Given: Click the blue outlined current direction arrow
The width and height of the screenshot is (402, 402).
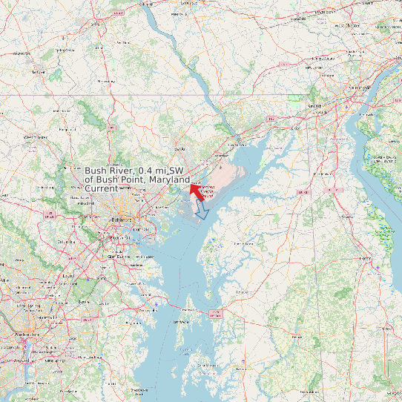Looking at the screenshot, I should click(201, 212).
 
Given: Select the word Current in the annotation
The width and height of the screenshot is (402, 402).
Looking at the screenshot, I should click(101, 188).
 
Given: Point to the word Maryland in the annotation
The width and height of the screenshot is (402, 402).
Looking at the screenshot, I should click(169, 179).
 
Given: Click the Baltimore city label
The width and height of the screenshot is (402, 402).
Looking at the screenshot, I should click(122, 220).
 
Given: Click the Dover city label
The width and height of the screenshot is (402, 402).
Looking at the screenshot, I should click(363, 257).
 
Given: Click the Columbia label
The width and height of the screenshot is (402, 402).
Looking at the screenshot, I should click(66, 242).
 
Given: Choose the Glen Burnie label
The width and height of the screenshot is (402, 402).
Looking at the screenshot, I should click(119, 256).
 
